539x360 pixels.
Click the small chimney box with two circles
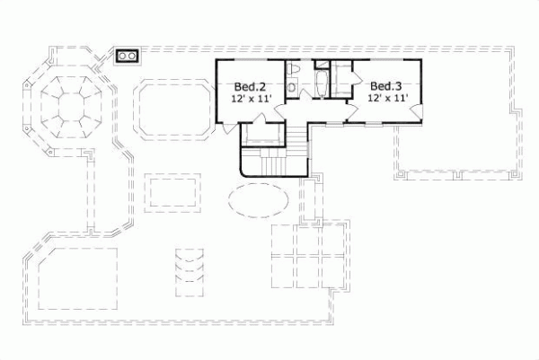coord(127,56)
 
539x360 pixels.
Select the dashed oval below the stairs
coord(260,200)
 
